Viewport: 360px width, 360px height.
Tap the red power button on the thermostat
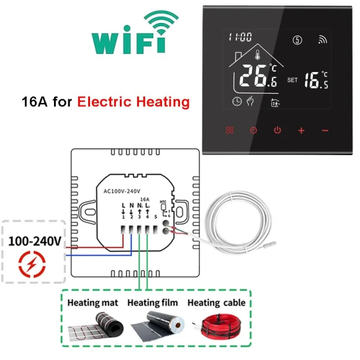click(x=277, y=130)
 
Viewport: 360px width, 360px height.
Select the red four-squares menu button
click(x=229, y=130)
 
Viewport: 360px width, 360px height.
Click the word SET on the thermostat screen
click(x=293, y=80)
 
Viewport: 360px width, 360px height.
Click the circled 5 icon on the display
click(x=298, y=38)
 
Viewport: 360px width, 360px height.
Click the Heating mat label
click(x=93, y=303)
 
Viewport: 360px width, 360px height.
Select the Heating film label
click(x=153, y=303)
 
